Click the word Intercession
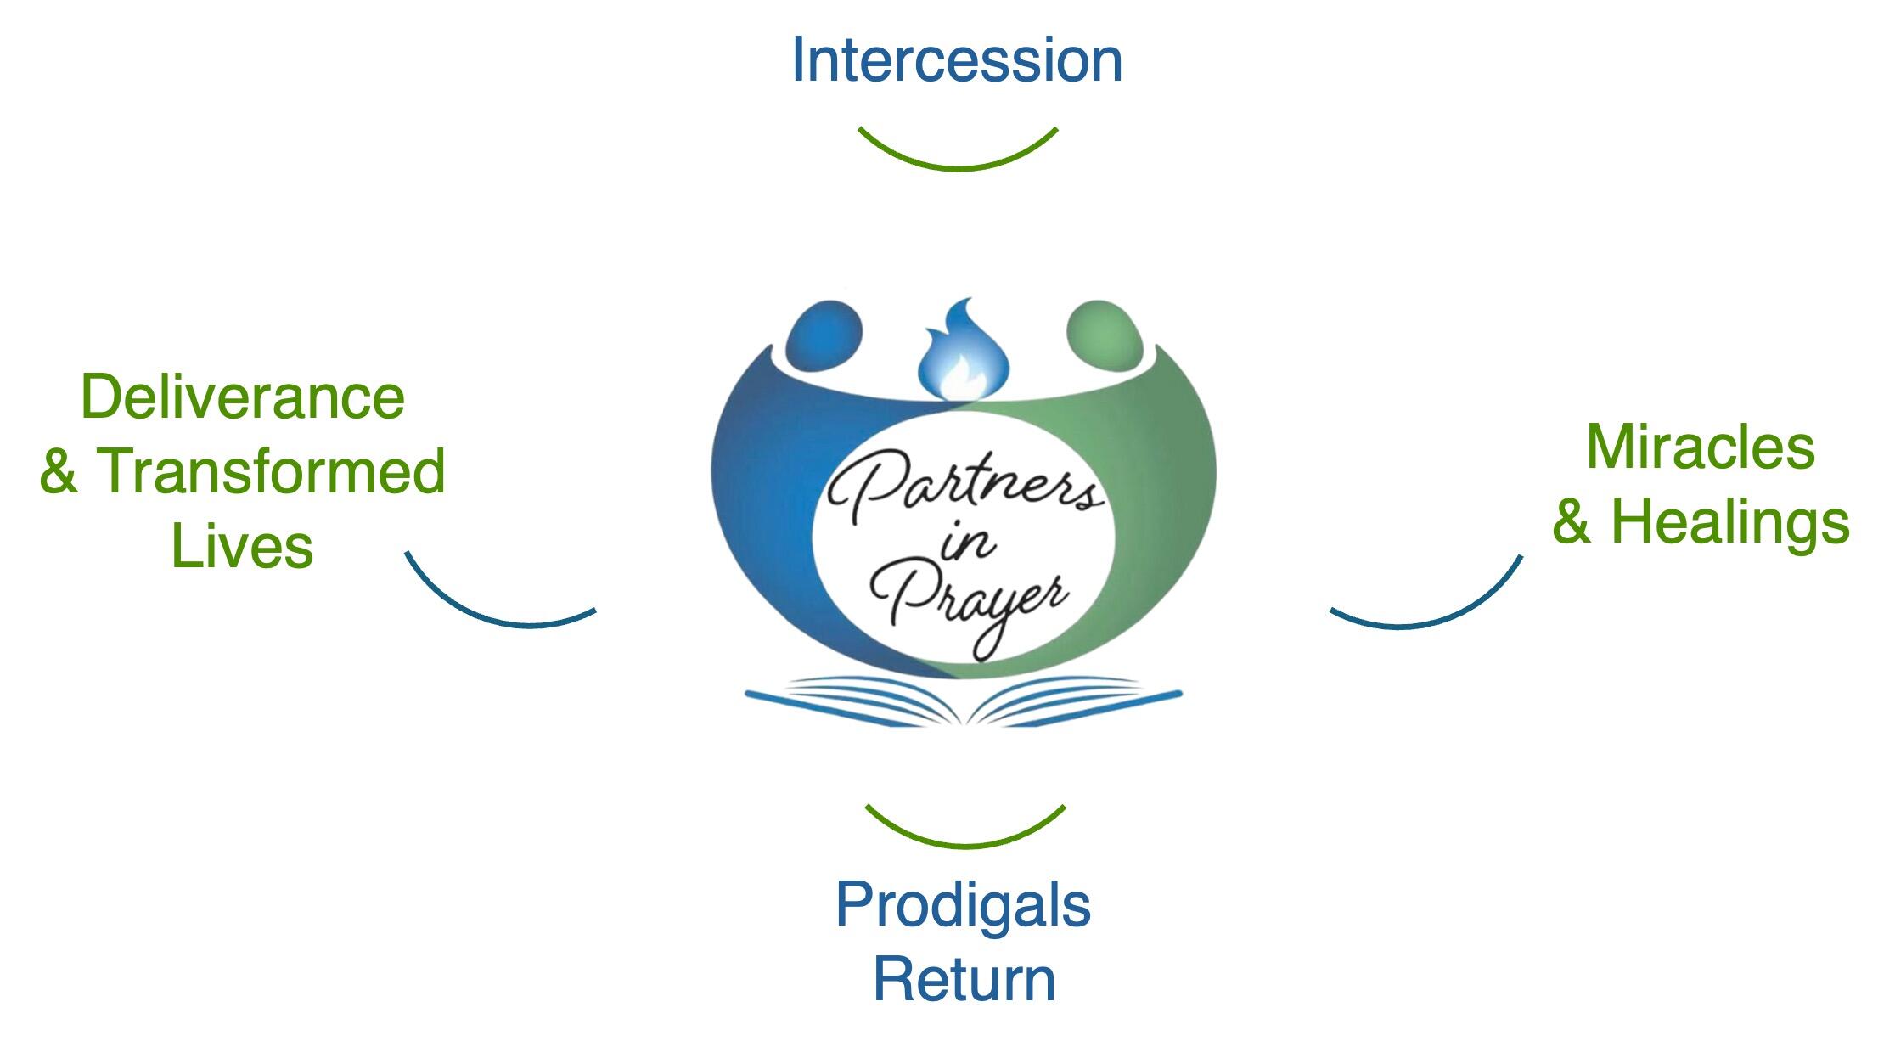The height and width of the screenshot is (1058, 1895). coord(957,60)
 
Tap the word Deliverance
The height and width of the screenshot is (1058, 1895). coord(243,397)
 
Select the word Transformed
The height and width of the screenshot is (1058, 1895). coord(271,471)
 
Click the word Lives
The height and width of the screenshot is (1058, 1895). coord(243,546)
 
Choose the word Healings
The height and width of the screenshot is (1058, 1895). coord(1730,521)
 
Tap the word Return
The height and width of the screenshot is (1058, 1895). coord(964,979)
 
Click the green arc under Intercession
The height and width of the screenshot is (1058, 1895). coord(958,167)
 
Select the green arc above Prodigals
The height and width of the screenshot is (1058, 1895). coord(965,845)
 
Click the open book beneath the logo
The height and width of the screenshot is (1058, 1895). coord(964,701)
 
